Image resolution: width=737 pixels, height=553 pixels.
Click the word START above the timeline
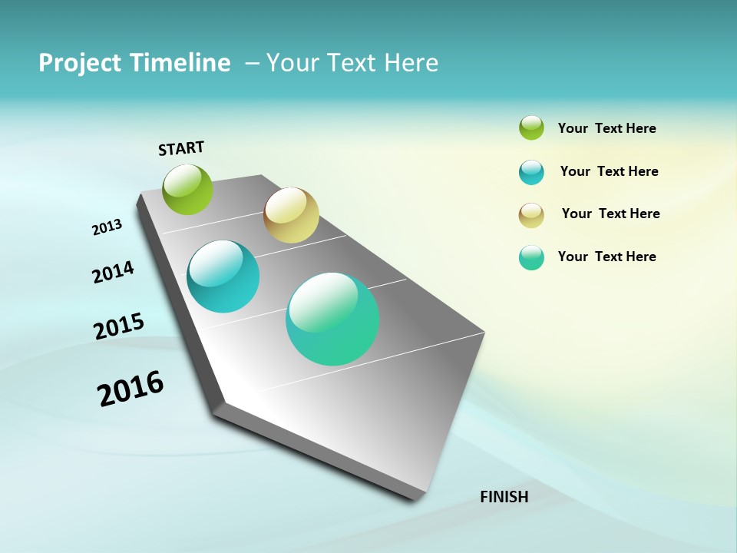(x=181, y=148)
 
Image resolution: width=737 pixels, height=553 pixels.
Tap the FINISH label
(x=504, y=497)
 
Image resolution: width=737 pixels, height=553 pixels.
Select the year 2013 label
(x=107, y=227)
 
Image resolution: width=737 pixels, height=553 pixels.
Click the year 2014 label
(x=113, y=272)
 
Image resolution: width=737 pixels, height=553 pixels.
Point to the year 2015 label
(x=119, y=326)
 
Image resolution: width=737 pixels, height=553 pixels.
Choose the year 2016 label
(x=131, y=389)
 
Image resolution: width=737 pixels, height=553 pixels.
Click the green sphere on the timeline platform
(x=187, y=189)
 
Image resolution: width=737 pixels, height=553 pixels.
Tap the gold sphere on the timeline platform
(x=291, y=215)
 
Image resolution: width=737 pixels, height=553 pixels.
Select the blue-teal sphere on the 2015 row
(x=223, y=276)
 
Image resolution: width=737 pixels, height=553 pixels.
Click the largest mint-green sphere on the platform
(x=332, y=319)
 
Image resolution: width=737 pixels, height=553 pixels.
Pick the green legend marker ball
(x=531, y=127)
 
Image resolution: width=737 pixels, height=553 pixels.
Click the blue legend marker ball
(x=531, y=172)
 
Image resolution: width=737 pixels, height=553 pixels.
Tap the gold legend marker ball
(x=531, y=215)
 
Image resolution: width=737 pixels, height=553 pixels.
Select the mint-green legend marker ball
(x=531, y=257)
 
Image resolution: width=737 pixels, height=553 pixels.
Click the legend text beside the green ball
(x=606, y=128)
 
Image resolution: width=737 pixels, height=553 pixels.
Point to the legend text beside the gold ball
(x=610, y=214)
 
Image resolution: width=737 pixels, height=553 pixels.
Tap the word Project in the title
(x=79, y=63)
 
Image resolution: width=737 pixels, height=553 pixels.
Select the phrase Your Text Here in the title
(x=352, y=63)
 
